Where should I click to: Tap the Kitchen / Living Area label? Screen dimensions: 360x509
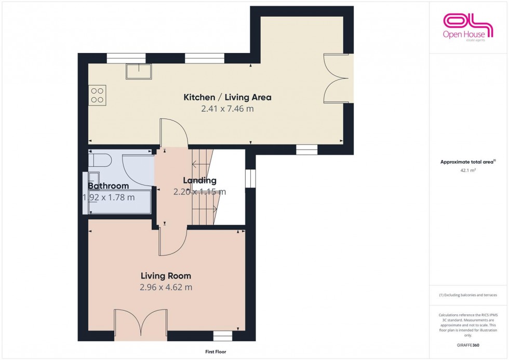coord(227,97)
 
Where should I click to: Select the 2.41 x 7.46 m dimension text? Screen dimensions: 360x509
coord(227,109)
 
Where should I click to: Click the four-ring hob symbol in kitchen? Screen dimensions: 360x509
coord(97,95)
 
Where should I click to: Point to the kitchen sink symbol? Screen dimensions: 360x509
coord(138,72)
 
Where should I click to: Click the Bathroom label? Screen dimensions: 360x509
coord(108,186)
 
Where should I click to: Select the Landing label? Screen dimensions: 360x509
coord(199,181)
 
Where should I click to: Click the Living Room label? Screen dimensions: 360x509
coord(166,276)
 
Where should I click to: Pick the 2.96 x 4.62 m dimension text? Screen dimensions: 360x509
coord(166,287)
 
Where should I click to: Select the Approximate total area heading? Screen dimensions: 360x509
coord(468,162)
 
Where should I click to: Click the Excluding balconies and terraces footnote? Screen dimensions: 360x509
coord(468,295)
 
